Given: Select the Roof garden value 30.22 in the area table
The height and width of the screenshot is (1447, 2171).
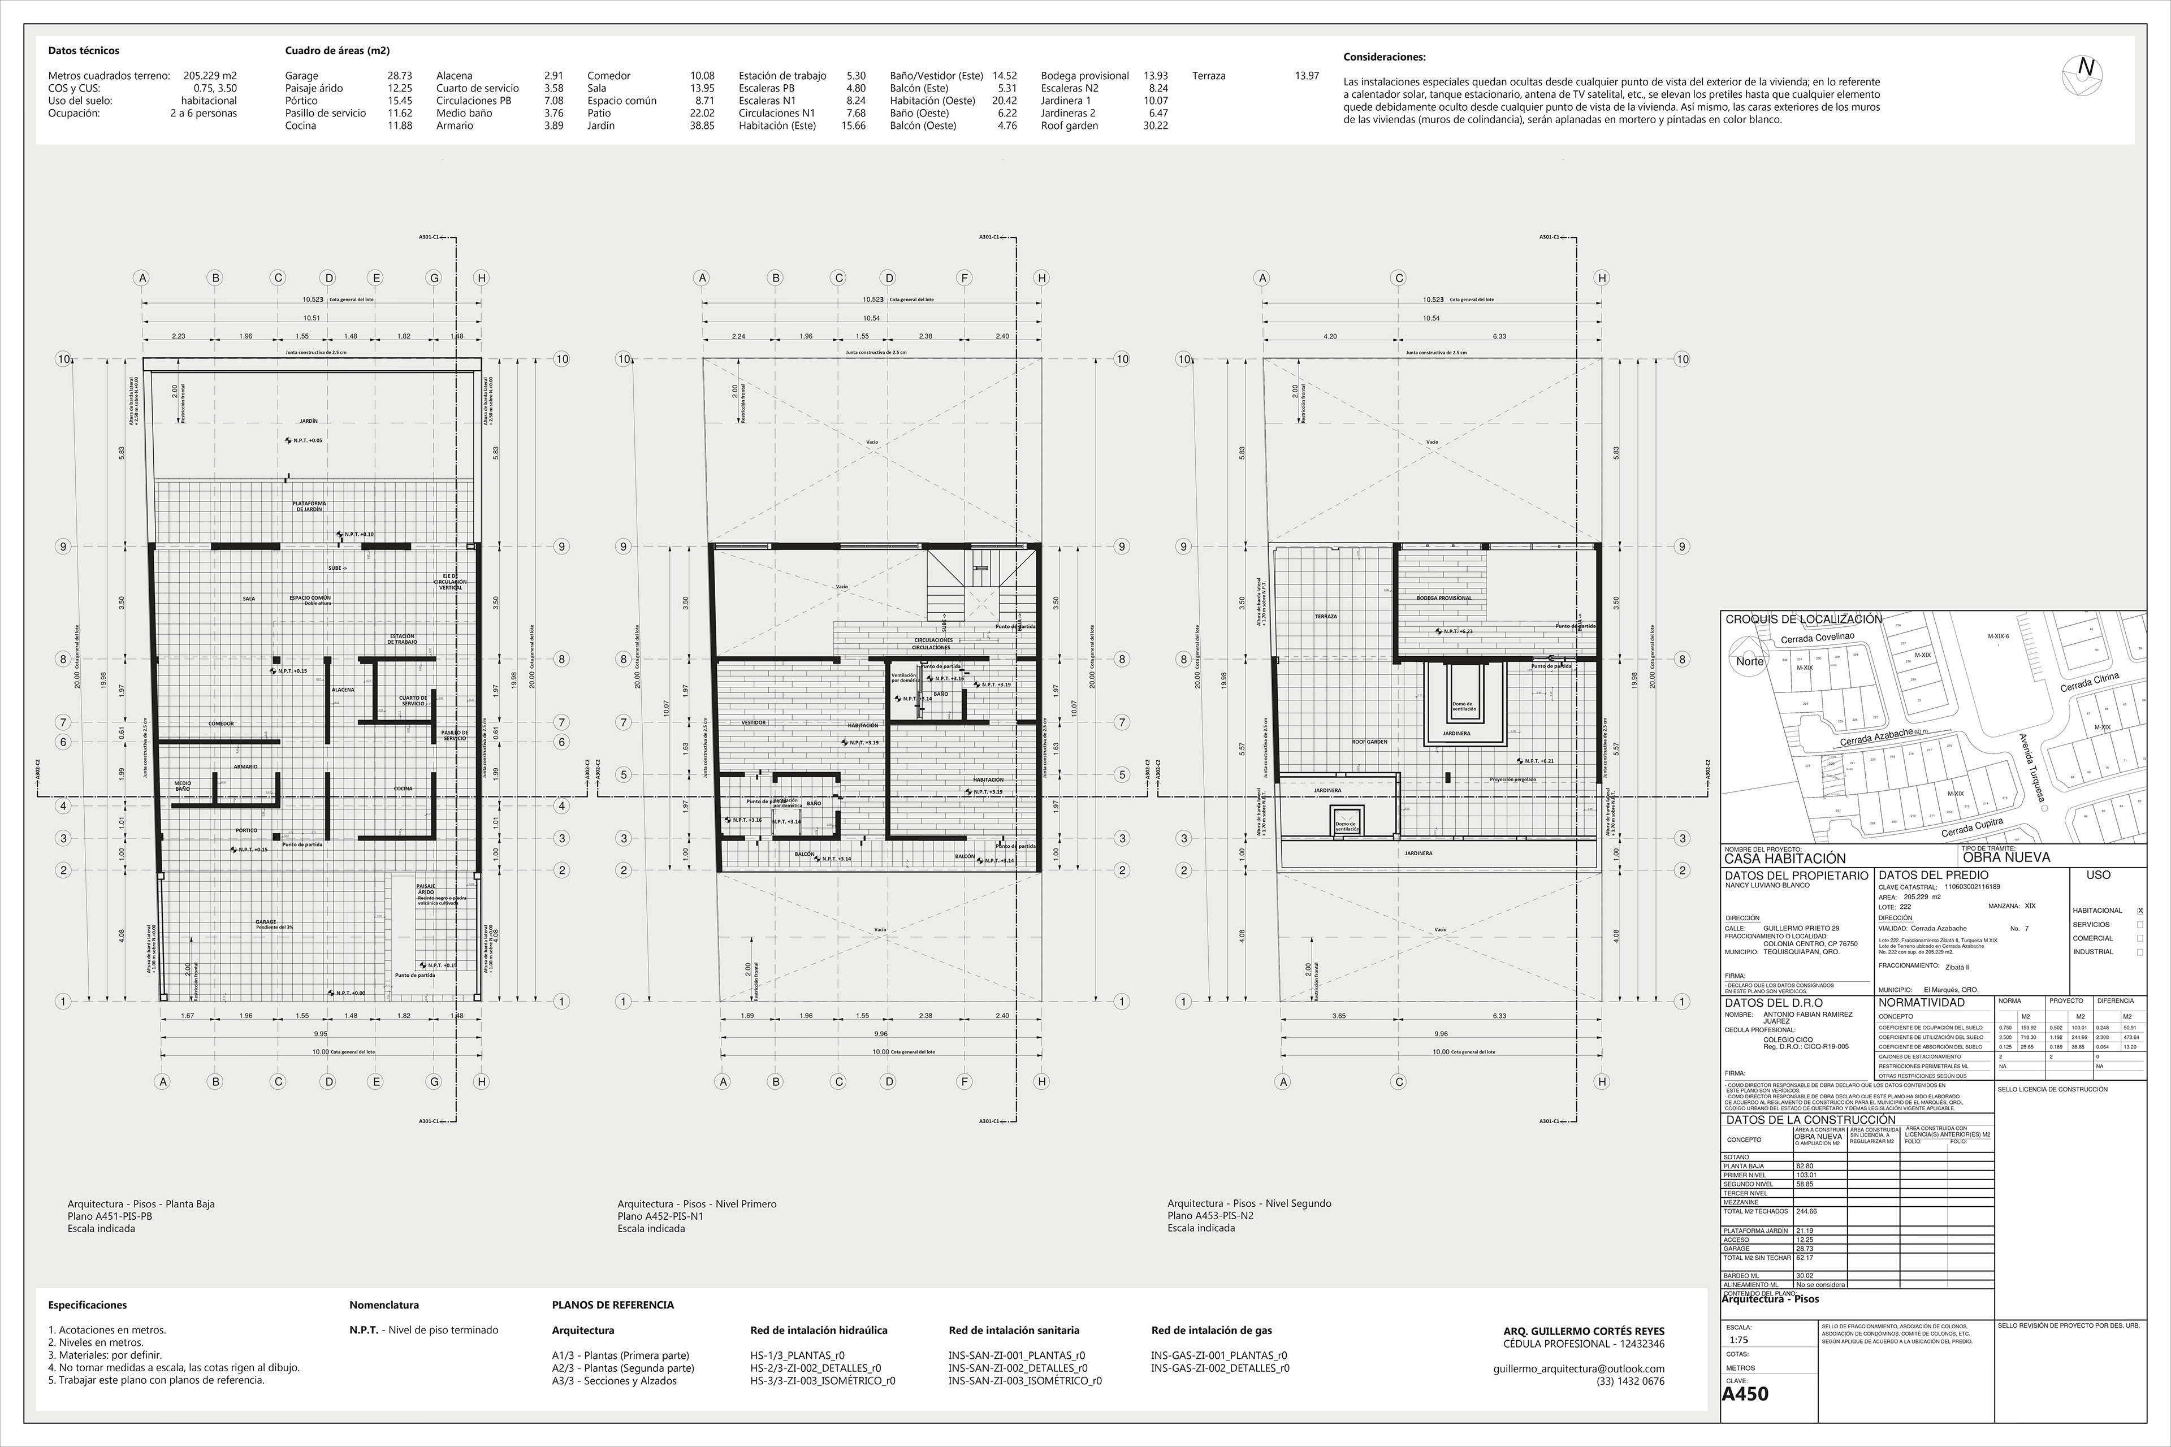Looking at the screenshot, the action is click(x=1156, y=125).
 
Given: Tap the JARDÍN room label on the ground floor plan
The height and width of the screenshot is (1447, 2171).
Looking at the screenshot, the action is click(x=308, y=421).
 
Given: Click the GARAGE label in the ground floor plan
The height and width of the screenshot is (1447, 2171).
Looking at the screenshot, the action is click(x=266, y=922).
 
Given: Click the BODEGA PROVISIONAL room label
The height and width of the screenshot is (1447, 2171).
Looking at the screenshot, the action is click(x=1443, y=598).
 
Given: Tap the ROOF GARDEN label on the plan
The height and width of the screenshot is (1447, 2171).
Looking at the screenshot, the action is click(x=1370, y=741).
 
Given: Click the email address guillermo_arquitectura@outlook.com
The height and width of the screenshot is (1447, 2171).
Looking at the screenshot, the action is click(x=1578, y=1368).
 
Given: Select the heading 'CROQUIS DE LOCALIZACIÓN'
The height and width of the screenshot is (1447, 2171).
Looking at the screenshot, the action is click(x=1803, y=619).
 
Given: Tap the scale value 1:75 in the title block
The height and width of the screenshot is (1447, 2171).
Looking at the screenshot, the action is click(x=1739, y=1340).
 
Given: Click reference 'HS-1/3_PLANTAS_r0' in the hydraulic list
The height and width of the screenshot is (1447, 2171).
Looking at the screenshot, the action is click(x=798, y=1355).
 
